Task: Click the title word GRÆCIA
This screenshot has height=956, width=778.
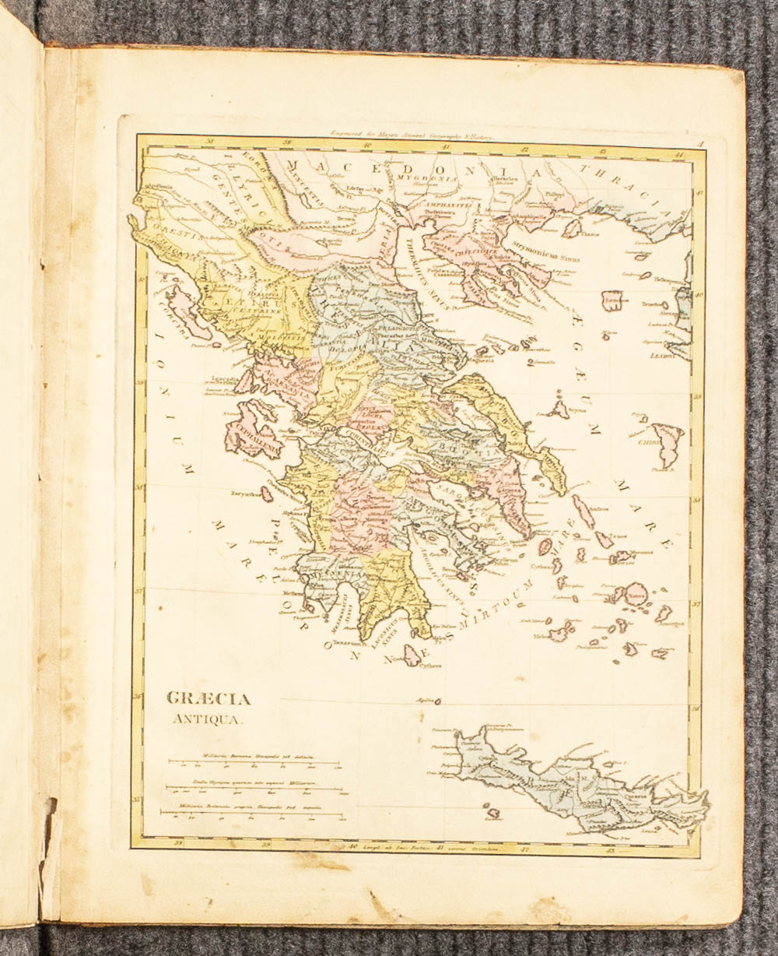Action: [209, 699]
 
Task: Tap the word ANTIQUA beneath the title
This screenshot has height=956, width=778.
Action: [206, 719]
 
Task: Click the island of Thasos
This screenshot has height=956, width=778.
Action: [572, 228]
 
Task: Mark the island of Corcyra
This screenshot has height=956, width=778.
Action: [187, 311]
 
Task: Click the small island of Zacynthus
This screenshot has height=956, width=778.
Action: [267, 494]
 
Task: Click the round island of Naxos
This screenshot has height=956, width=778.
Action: [637, 594]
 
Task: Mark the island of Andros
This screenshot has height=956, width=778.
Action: [583, 511]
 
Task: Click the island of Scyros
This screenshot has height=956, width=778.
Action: [558, 408]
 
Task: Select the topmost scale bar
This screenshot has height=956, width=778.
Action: [254, 763]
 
